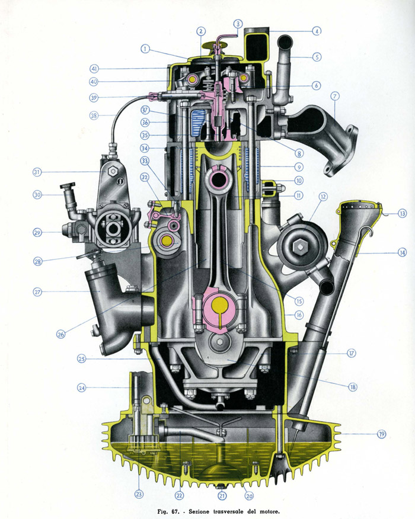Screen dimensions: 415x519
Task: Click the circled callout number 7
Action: [x=335, y=97]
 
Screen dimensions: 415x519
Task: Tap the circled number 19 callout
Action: [x=382, y=434]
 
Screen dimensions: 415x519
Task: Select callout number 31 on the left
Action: [x=37, y=172]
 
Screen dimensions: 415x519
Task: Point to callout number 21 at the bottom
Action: [x=222, y=496]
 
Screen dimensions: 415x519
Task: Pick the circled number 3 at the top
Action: [x=238, y=24]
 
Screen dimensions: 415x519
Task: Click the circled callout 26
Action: [x=61, y=334]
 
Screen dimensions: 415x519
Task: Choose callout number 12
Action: [x=323, y=197]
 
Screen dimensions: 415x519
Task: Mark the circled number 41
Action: [x=94, y=69]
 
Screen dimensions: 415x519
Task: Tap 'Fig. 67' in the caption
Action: [x=168, y=512]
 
